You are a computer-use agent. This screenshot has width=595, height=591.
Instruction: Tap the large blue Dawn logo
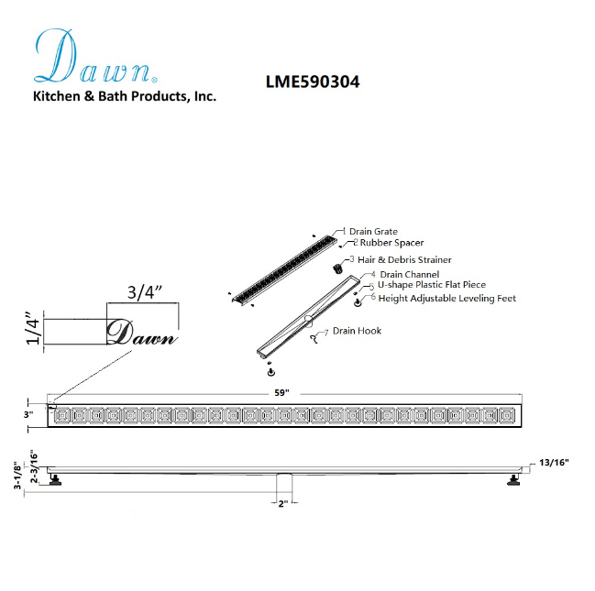97,59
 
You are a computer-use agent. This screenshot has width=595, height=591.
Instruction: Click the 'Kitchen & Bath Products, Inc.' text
125,96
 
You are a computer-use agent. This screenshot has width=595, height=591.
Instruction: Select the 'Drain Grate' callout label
373,232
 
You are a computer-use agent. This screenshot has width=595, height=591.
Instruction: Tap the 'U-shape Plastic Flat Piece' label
432,285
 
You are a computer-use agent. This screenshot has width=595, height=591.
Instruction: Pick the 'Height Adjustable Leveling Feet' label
446,298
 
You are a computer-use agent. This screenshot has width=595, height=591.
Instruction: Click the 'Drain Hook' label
357,331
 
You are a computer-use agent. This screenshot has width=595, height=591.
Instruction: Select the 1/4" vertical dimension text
33,331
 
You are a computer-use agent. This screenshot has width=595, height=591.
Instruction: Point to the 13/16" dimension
554,463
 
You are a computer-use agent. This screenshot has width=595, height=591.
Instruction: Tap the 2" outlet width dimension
282,504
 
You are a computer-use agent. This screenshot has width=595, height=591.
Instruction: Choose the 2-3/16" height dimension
34,466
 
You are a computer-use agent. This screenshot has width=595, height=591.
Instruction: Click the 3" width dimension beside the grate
29,415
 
